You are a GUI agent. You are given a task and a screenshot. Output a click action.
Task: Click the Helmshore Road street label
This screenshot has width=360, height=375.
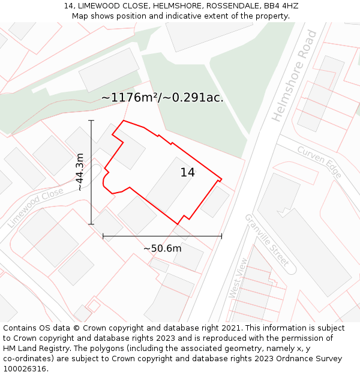pos(295,76)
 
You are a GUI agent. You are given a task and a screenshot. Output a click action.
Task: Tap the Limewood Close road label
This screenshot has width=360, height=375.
pos(35,207)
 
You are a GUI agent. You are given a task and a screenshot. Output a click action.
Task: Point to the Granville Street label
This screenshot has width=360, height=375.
pos(266,239)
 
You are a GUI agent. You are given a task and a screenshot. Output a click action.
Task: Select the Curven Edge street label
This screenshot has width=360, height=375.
pos(319,162)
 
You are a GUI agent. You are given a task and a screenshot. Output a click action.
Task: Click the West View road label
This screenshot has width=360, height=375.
pos(238,278)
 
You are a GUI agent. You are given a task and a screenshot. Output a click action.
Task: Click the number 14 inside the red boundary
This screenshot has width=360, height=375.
pos(188,173)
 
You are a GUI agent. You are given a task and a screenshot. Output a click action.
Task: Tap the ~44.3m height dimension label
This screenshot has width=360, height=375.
pos(80,172)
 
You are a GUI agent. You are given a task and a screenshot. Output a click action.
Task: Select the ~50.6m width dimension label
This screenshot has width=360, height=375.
pos(162,248)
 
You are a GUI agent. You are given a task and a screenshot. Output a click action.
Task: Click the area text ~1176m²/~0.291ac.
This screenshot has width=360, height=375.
pos(162,97)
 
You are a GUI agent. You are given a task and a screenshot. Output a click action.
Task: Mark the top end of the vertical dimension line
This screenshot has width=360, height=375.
pos(91,121)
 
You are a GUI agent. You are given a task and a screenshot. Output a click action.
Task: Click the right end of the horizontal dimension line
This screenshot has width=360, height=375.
pos(221,236)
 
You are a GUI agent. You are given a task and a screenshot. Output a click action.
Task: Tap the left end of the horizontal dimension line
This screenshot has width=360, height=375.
pos(103,236)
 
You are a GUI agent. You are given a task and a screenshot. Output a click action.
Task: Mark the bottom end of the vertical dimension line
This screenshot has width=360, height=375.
pos(91,224)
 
